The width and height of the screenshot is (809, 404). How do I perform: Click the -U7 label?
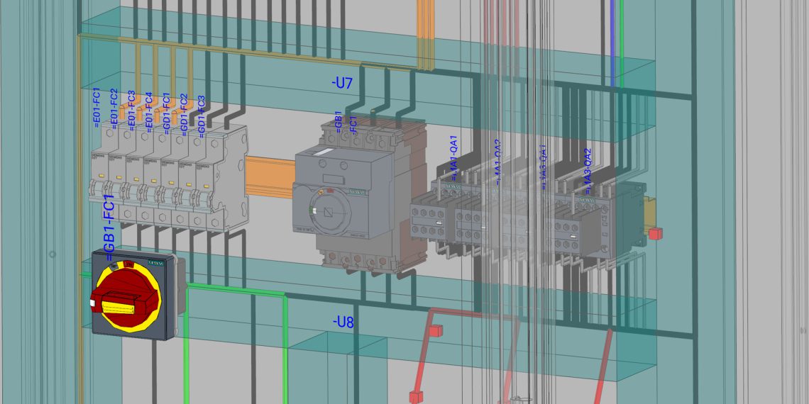(342, 83)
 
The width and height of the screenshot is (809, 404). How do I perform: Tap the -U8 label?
(343, 322)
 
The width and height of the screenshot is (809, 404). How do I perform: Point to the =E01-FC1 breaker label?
(97, 108)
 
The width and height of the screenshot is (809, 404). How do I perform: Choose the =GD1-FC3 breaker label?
(201, 116)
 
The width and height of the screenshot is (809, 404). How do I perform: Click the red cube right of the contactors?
(656, 232)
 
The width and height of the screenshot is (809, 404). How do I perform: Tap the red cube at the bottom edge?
(415, 396)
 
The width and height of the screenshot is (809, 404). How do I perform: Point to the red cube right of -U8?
(435, 330)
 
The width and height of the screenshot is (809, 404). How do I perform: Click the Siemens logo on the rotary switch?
(155, 264)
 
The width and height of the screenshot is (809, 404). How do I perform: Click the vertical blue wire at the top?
(612, 43)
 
